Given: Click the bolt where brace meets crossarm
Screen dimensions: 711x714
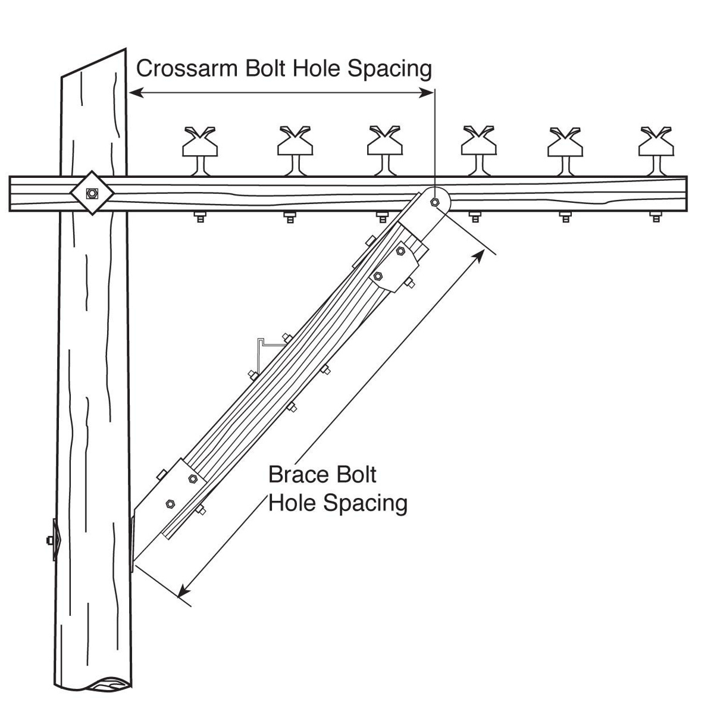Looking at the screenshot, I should click(435, 201).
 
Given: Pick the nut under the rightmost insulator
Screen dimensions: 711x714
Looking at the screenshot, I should click(655, 217).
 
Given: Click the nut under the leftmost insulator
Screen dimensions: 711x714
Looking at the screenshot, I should click(199, 217).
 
